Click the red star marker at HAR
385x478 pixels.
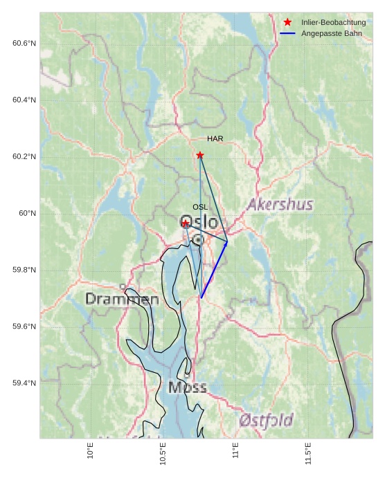200,156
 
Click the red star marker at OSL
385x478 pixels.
185,223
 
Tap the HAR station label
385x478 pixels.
215,139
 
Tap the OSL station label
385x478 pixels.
200,207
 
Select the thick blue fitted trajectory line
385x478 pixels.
214,270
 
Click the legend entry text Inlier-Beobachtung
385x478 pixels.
333,23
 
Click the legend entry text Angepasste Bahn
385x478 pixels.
331,33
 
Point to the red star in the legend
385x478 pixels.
287,23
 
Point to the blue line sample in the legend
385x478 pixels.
287,33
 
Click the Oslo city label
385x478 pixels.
199,223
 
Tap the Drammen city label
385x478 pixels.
122,300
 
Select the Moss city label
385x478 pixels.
187,387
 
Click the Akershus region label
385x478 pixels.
280,205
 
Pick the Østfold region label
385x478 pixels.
266,420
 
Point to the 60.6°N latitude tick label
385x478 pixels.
24,44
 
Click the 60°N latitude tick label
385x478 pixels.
27,213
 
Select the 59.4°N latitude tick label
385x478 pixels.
24,383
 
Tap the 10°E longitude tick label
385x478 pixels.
90,451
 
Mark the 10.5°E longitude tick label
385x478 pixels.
163,453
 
